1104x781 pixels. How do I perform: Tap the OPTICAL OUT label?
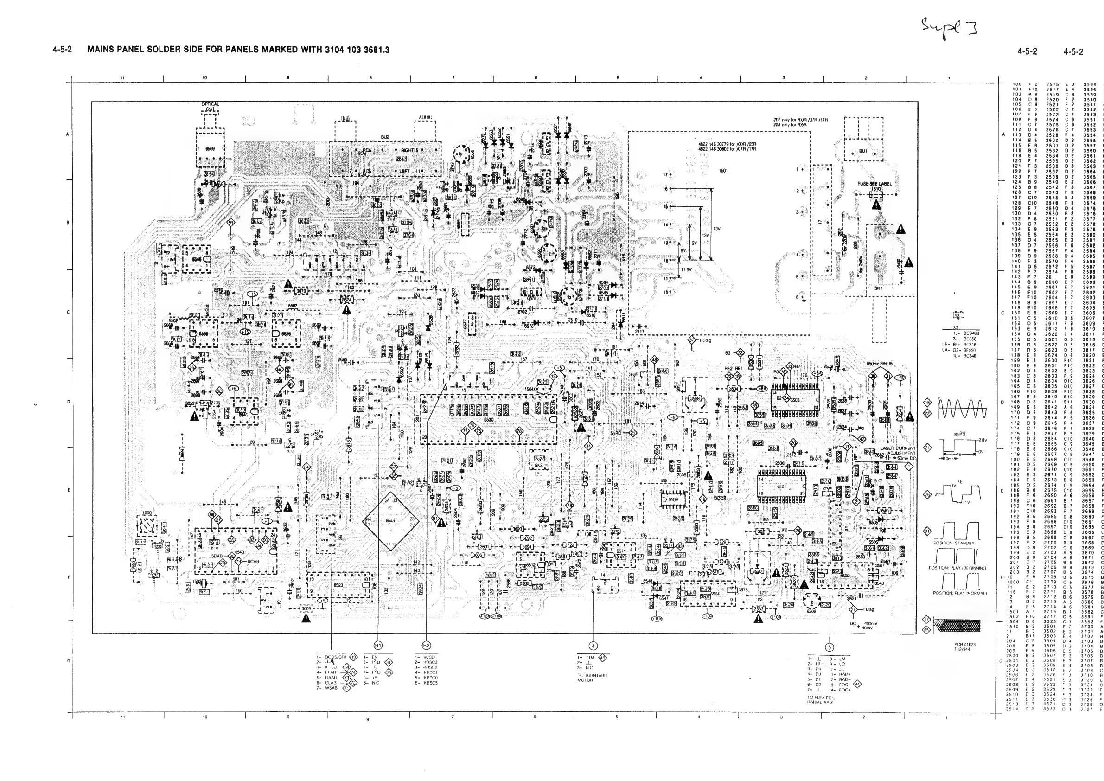click(x=210, y=107)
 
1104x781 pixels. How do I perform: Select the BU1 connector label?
click(x=863, y=151)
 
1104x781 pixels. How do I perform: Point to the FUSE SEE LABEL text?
click(x=874, y=184)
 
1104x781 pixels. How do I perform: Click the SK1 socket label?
click(x=878, y=288)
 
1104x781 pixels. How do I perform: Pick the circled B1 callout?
click(x=378, y=646)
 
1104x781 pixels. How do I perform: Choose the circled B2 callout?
click(x=426, y=646)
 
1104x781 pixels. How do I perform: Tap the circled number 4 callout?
click(x=593, y=646)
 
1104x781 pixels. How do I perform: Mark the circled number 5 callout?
click(x=830, y=647)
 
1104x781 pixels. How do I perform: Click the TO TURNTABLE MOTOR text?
click(x=593, y=678)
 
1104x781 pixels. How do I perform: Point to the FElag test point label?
click(x=868, y=609)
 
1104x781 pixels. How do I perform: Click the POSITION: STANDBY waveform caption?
click(x=953, y=543)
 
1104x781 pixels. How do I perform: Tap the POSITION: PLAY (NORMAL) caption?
click(x=960, y=593)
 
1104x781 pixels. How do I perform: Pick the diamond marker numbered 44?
click(x=857, y=684)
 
